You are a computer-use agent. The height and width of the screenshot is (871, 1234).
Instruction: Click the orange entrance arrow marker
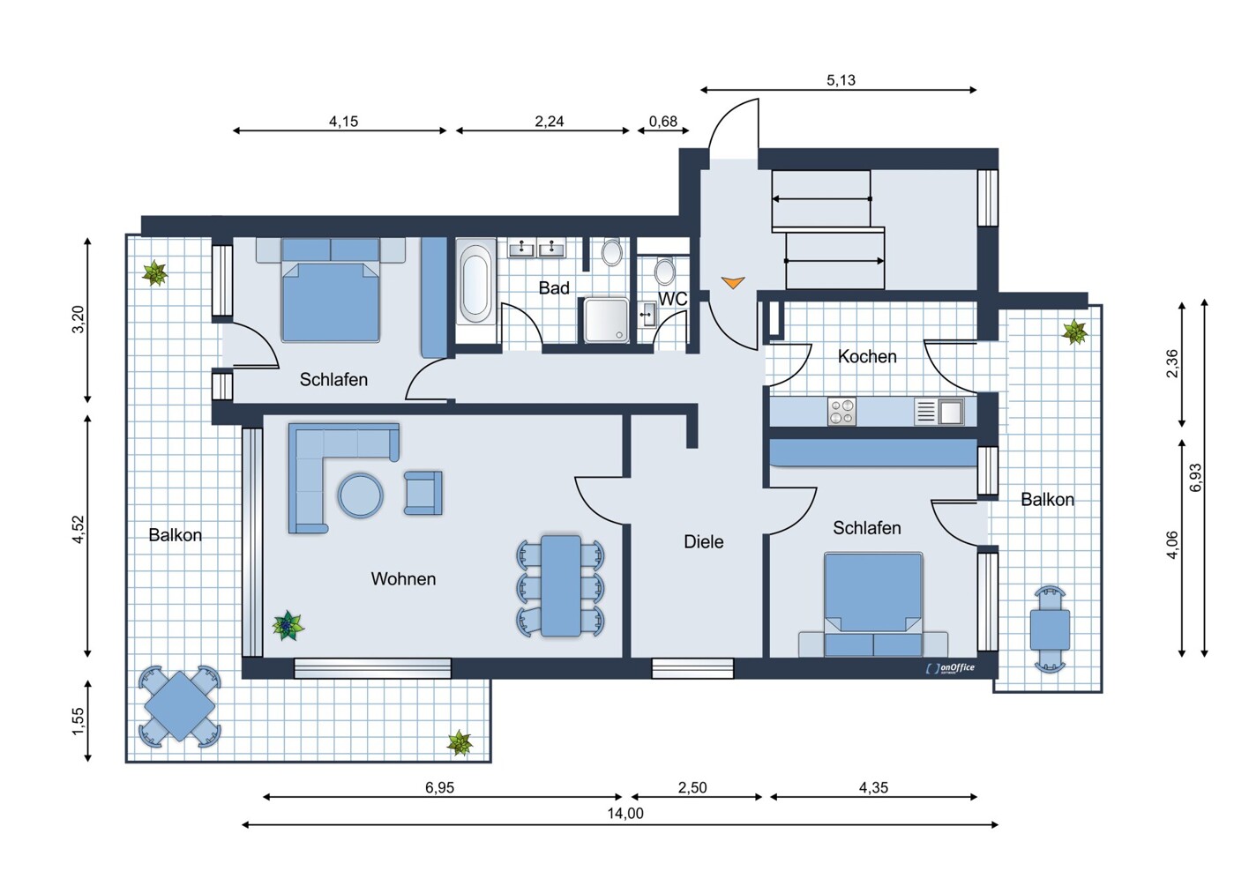point(733,282)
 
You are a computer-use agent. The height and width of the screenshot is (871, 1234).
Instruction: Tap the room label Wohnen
point(403,579)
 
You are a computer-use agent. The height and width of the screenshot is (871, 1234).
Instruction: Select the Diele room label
point(703,542)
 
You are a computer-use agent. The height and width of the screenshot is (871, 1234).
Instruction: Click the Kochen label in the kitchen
point(867,357)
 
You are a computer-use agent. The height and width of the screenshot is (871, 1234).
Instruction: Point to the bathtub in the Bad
point(475,283)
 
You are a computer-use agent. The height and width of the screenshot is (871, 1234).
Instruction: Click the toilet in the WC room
point(665,271)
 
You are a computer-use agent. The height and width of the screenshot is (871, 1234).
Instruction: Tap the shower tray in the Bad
point(606,320)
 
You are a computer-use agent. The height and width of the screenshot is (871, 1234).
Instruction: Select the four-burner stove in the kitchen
point(841,412)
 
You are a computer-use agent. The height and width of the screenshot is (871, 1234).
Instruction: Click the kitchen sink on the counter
point(950,412)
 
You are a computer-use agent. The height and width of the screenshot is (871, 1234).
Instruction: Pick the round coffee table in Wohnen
point(360,495)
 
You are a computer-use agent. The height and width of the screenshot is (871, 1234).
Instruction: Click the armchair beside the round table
point(423,493)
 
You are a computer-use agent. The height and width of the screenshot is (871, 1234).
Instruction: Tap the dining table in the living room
point(561,586)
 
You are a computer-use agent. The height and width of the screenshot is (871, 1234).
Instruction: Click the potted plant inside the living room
point(287,626)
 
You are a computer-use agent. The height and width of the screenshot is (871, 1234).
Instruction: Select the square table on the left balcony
point(180,705)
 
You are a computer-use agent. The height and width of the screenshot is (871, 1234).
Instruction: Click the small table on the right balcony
point(1050,629)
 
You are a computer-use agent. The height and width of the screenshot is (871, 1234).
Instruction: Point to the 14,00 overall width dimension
point(624,814)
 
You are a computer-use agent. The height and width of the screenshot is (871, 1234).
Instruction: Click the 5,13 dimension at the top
point(841,80)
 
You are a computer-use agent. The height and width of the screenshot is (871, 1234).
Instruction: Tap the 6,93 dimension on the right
point(1196,478)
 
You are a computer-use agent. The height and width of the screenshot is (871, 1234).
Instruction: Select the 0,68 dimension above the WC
point(663,122)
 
